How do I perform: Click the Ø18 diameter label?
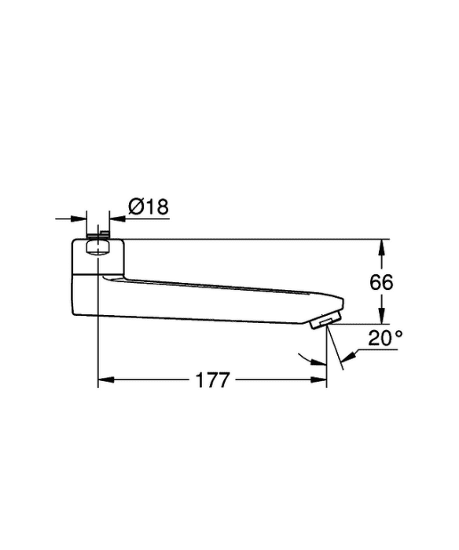(x=149, y=207)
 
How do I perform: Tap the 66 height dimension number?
(x=381, y=282)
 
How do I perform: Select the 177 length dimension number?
(x=213, y=379)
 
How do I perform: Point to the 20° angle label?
(x=385, y=338)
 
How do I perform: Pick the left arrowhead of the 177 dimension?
(x=106, y=379)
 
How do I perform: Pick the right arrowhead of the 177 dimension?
(x=318, y=379)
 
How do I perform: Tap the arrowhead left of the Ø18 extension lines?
(x=79, y=219)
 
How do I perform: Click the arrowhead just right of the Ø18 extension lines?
(x=117, y=219)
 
